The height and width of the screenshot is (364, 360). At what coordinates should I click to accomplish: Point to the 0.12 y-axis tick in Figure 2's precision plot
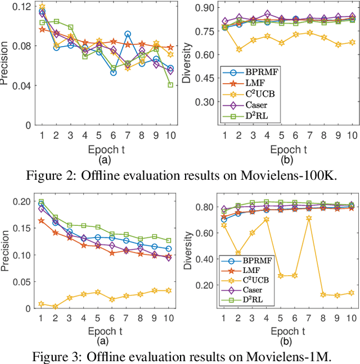24,6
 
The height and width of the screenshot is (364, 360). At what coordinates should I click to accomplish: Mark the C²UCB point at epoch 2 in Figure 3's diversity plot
239,253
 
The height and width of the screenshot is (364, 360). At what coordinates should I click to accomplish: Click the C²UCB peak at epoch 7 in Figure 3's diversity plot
308,218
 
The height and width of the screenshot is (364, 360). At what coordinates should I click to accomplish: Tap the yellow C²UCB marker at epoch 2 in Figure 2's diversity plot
239,49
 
